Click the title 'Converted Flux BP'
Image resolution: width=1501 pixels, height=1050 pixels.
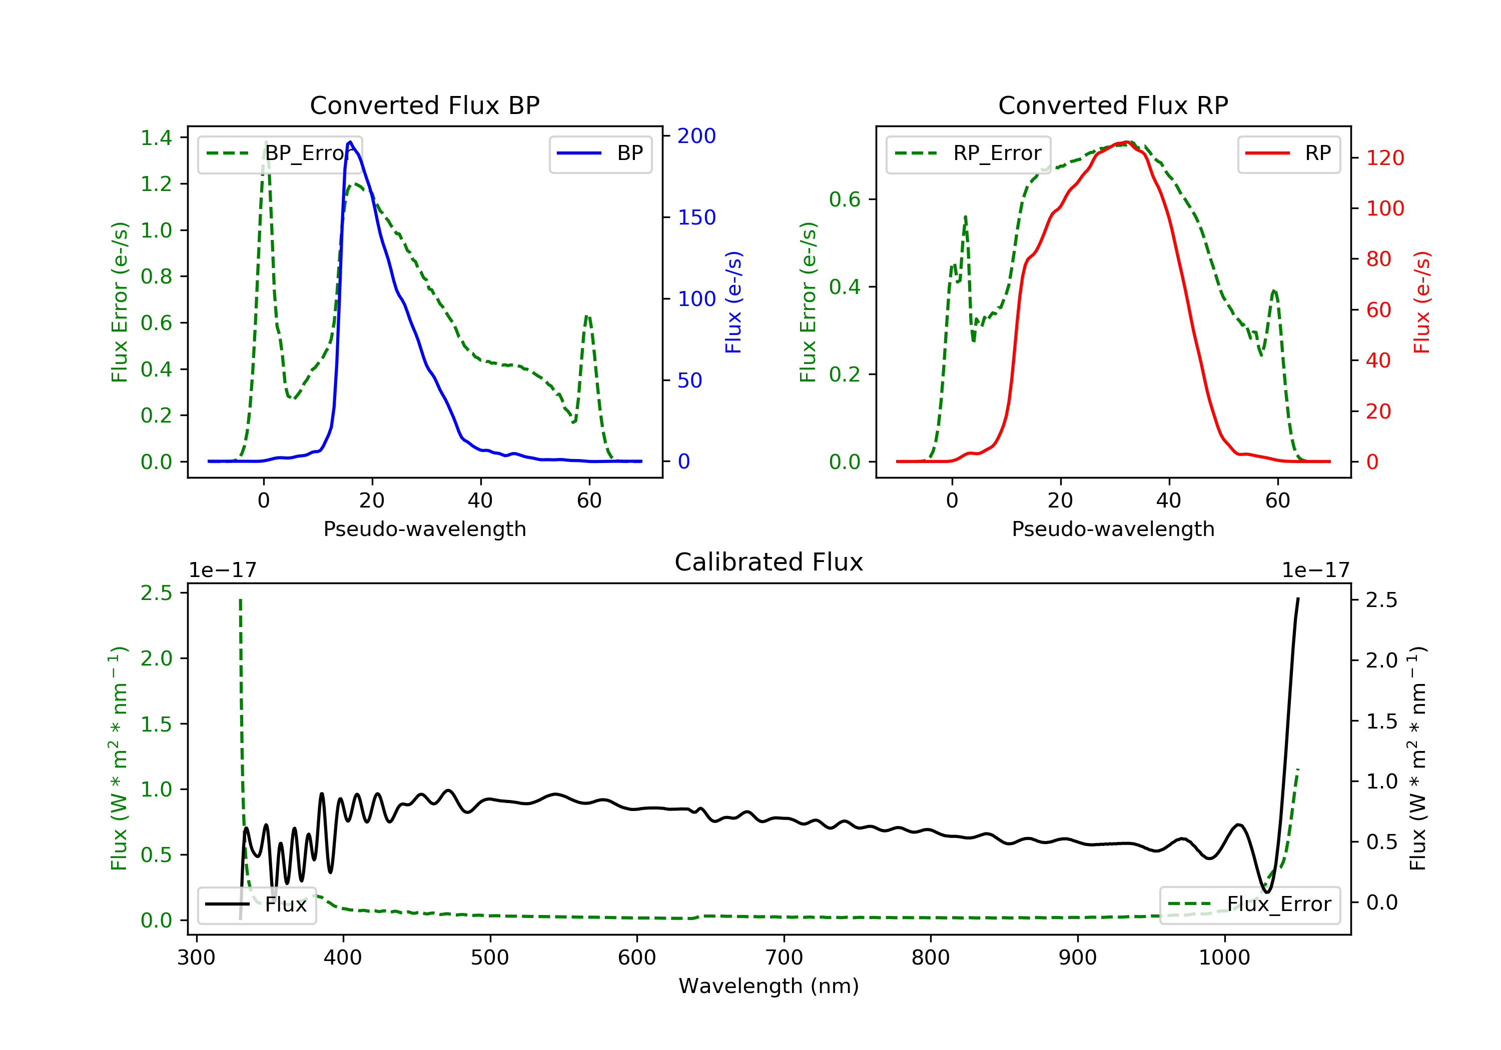pos(424,105)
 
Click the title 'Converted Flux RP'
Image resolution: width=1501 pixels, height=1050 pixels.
pos(1113,105)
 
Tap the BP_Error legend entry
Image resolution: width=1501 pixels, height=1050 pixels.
pos(280,153)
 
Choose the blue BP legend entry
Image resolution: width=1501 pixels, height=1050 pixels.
pos(600,153)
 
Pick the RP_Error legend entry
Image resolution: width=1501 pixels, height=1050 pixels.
pos(968,153)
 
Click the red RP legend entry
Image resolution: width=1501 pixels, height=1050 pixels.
pos(1288,153)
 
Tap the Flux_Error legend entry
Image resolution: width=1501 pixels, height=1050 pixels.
pos(1249,904)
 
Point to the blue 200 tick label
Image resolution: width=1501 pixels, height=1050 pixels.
pos(696,136)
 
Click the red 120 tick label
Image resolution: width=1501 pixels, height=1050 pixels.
pos(1384,158)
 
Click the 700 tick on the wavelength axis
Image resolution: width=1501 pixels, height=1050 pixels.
pos(784,958)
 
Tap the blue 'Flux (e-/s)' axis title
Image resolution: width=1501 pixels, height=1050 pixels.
pos(733,302)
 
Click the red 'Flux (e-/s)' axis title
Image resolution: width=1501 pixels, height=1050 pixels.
pos(1422,302)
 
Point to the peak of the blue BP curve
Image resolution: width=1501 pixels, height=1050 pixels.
pos(350,142)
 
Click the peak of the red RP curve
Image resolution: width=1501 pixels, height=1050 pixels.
pos(1126,142)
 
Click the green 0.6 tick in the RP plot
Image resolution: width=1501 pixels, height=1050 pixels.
pos(845,199)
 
